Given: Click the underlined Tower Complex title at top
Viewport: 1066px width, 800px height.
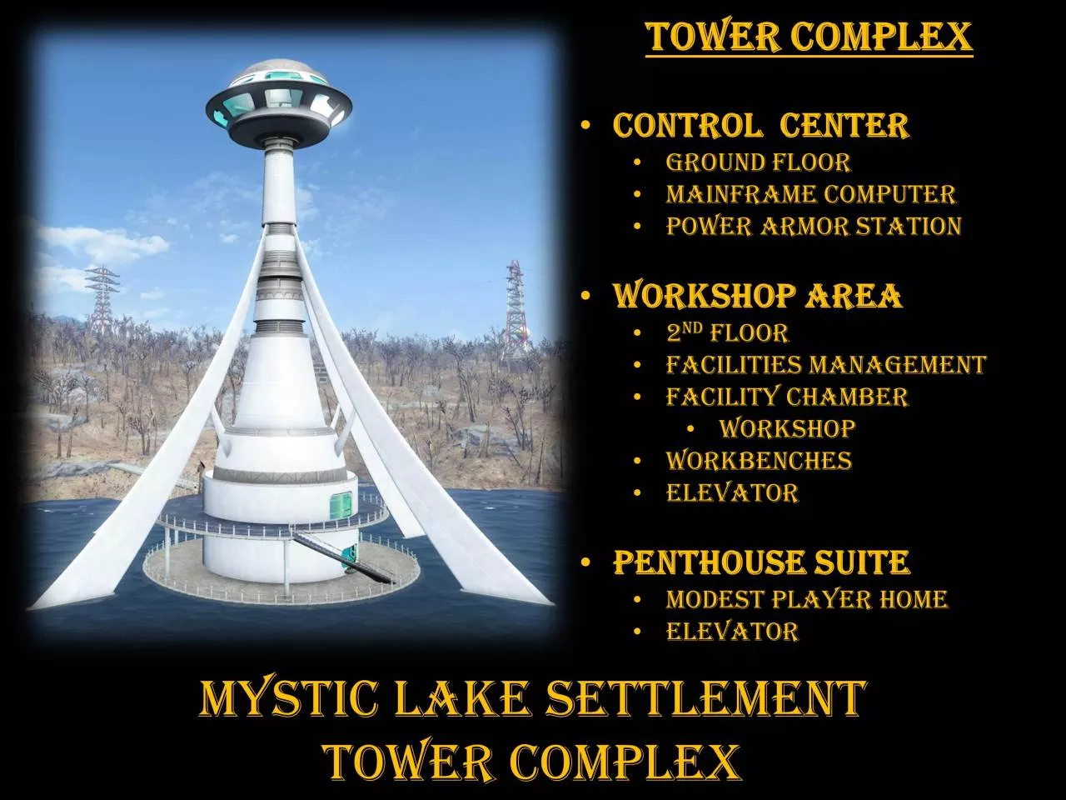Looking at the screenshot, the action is [809, 37].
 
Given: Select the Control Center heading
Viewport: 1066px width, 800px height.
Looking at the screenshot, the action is [760, 125].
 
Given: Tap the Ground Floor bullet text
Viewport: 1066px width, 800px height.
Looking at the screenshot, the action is [758, 162].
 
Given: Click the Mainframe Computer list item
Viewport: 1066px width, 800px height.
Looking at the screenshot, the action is [810, 194].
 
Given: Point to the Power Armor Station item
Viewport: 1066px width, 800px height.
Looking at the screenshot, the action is [814, 227].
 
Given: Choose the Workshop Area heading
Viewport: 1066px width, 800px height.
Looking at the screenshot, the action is [757, 295].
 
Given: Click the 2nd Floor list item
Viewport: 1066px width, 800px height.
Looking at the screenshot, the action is [727, 332].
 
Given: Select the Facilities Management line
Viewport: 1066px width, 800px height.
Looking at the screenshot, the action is [825, 365].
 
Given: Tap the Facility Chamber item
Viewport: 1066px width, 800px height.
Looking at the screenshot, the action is [787, 397].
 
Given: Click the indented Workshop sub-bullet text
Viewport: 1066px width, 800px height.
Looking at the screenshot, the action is [787, 428].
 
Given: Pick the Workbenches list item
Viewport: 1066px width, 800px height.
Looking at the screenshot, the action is [759, 461].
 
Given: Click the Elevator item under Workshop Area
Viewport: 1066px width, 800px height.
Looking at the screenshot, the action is [732, 492].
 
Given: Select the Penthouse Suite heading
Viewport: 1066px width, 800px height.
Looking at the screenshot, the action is [761, 562].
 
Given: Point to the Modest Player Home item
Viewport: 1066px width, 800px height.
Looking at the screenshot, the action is [806, 599].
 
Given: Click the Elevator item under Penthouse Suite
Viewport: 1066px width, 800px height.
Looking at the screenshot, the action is [732, 632].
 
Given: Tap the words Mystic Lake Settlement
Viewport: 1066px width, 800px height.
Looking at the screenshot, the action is [533, 698].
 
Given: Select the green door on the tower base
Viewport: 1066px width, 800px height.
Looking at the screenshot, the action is [341, 504].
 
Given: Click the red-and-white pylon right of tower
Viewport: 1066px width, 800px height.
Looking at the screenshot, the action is [516, 307].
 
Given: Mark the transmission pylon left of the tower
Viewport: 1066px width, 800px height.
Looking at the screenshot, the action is [102, 299].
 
